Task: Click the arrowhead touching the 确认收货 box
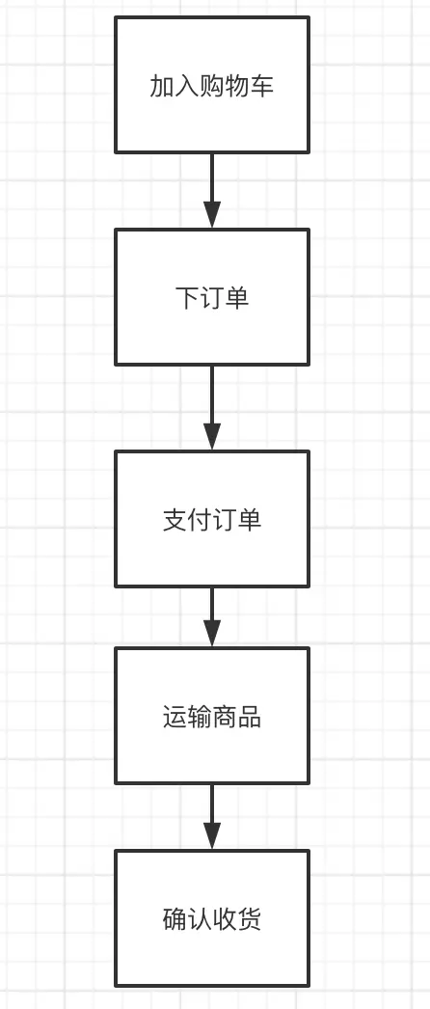tap(212, 836)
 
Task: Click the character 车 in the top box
tap(262, 86)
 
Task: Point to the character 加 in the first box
tap(162, 86)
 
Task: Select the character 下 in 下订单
tap(187, 298)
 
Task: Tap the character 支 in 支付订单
tap(175, 520)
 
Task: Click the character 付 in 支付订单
tap(200, 520)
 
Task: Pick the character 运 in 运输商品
tap(175, 718)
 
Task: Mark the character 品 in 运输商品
tap(250, 718)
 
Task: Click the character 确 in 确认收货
tap(175, 919)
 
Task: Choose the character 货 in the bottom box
tap(250, 919)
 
